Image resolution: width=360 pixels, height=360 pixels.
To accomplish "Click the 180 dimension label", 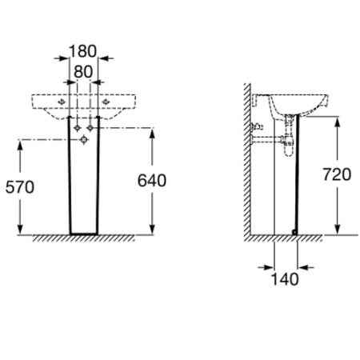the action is [82, 51].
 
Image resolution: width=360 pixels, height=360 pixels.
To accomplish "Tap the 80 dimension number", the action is [83, 72].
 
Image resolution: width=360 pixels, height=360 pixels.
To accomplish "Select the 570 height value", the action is [20, 187].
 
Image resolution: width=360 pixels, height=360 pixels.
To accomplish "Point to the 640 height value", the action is [152, 181].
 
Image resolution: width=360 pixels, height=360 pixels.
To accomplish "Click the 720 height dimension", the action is [337, 174].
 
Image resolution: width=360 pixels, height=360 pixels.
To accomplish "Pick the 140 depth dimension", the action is [285, 279].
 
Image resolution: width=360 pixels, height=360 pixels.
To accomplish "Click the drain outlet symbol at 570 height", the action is [84, 139].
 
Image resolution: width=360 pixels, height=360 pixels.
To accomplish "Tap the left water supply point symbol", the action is [78, 128].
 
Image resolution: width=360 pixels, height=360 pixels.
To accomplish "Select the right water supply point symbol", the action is [90, 128].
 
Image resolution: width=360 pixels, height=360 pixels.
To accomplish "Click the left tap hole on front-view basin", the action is [62, 102].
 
